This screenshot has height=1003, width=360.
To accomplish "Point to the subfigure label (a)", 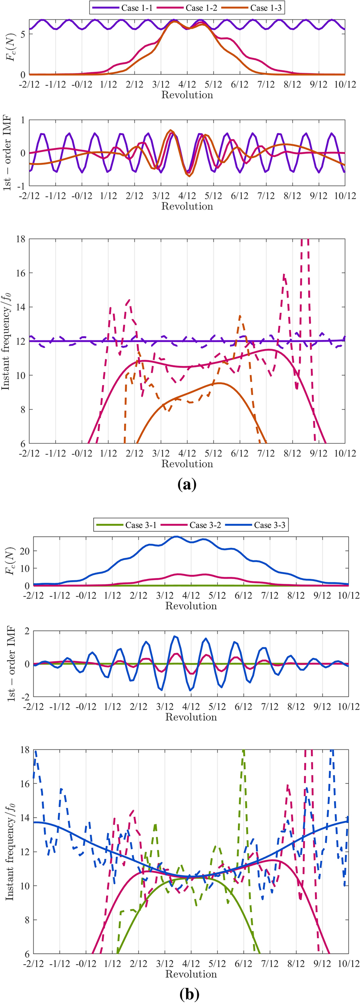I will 187,484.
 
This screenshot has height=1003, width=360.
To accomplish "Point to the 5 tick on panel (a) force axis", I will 23,34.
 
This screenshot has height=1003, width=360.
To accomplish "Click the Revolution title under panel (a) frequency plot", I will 187,464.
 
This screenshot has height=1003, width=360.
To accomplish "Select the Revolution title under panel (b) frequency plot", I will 191,974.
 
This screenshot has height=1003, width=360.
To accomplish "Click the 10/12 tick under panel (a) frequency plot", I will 345,453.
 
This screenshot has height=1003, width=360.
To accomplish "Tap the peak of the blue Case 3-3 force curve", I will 176,537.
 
